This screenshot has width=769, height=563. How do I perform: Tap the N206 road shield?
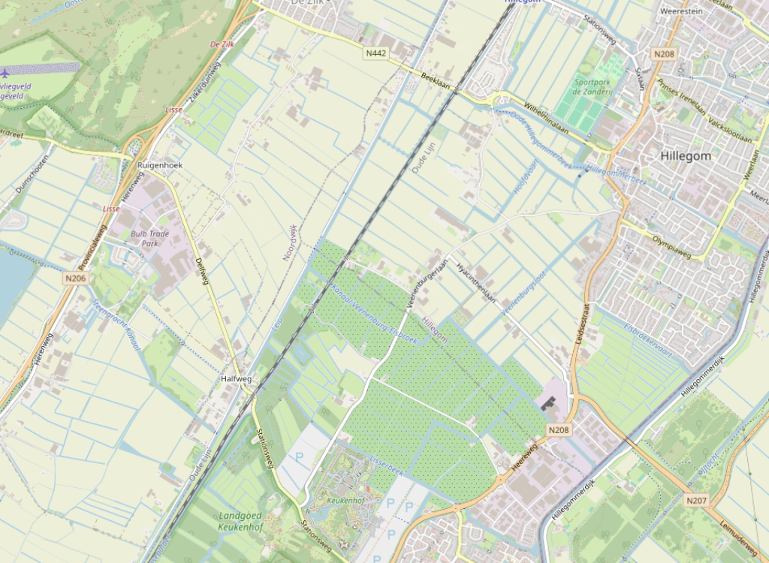(76, 278)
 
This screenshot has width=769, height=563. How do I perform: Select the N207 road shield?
(696, 499)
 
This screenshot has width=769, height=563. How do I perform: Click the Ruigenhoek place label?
(160, 164)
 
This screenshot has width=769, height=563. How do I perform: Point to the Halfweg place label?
(236, 379)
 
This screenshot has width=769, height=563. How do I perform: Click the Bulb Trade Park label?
(149, 238)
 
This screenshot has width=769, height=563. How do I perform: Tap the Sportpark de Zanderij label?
(593, 86)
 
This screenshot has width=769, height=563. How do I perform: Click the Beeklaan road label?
(435, 80)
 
